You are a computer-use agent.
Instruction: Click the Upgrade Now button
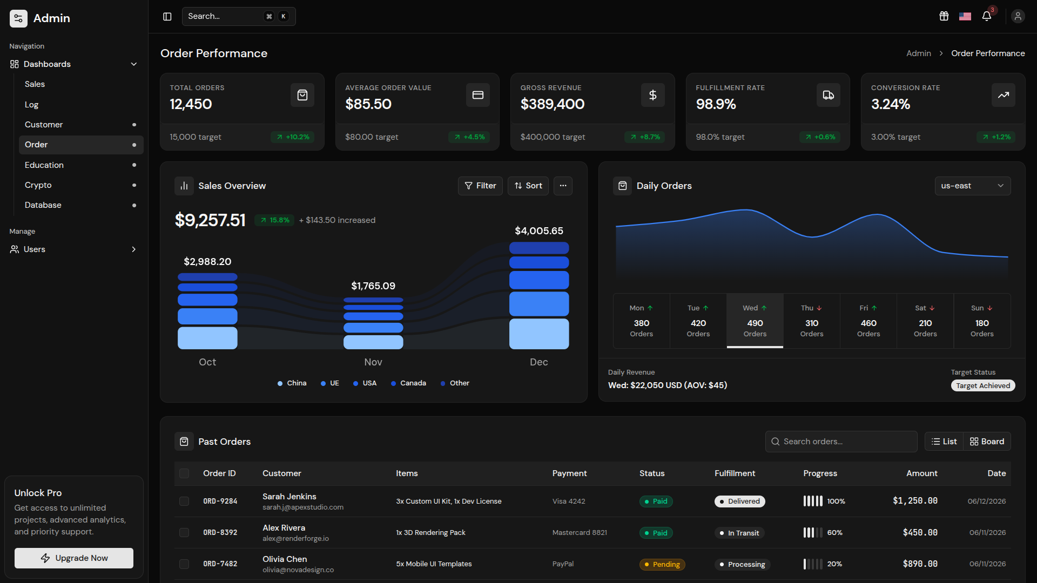(74, 558)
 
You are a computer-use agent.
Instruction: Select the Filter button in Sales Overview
(480, 186)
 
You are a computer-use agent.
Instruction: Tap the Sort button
(528, 186)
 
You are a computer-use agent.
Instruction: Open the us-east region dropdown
(973, 186)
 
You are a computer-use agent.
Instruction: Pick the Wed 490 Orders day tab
(755, 321)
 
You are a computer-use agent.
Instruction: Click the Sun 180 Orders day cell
(982, 321)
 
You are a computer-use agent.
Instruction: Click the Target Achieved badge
(983, 385)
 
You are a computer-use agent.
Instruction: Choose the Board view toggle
(987, 442)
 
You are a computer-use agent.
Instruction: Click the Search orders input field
(841, 442)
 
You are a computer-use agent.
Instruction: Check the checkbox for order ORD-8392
(184, 532)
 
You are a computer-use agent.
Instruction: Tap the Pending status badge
(662, 564)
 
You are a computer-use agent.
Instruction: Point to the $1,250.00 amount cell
(915, 501)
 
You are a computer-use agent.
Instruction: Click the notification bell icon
(987, 16)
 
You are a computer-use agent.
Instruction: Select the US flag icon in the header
(965, 16)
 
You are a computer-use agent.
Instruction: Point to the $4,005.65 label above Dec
(539, 231)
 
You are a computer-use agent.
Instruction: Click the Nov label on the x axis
(373, 362)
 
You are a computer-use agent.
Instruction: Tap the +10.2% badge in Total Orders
(293, 137)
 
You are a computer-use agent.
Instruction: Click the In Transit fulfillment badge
(739, 533)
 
